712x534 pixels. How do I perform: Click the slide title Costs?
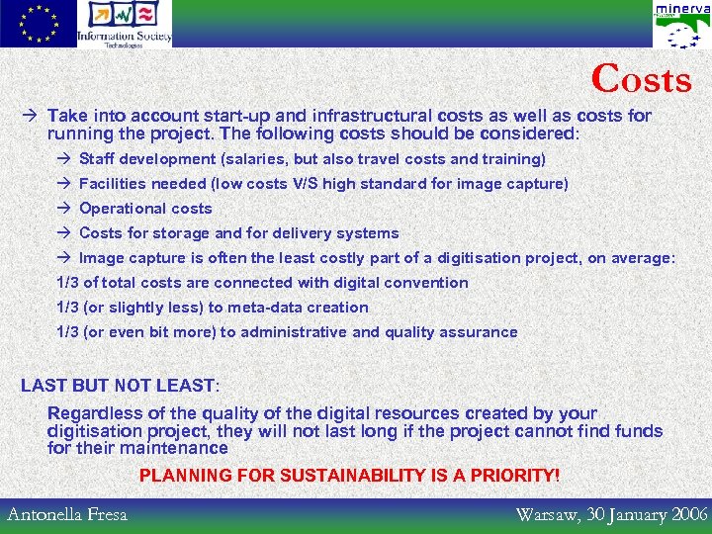642,79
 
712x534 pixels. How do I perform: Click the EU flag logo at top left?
38,24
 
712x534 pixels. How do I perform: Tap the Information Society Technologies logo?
124,24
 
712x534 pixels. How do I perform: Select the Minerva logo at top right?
681,25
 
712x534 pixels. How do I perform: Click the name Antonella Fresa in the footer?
67,514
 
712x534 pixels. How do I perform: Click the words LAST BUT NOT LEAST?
118,386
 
